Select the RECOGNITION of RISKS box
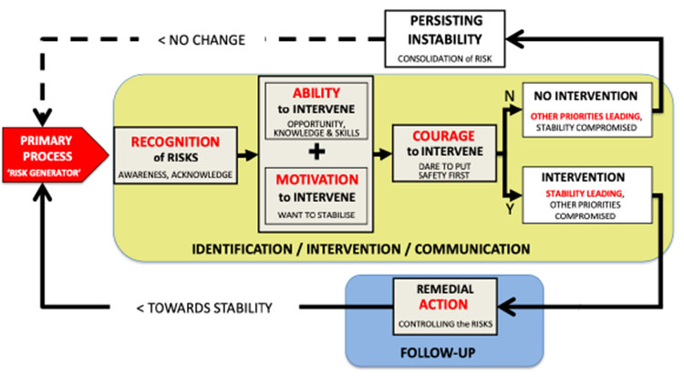pyautogui.click(x=174, y=152)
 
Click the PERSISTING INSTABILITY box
pyautogui.click(x=447, y=39)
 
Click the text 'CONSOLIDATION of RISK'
pyautogui.click(x=447, y=58)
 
